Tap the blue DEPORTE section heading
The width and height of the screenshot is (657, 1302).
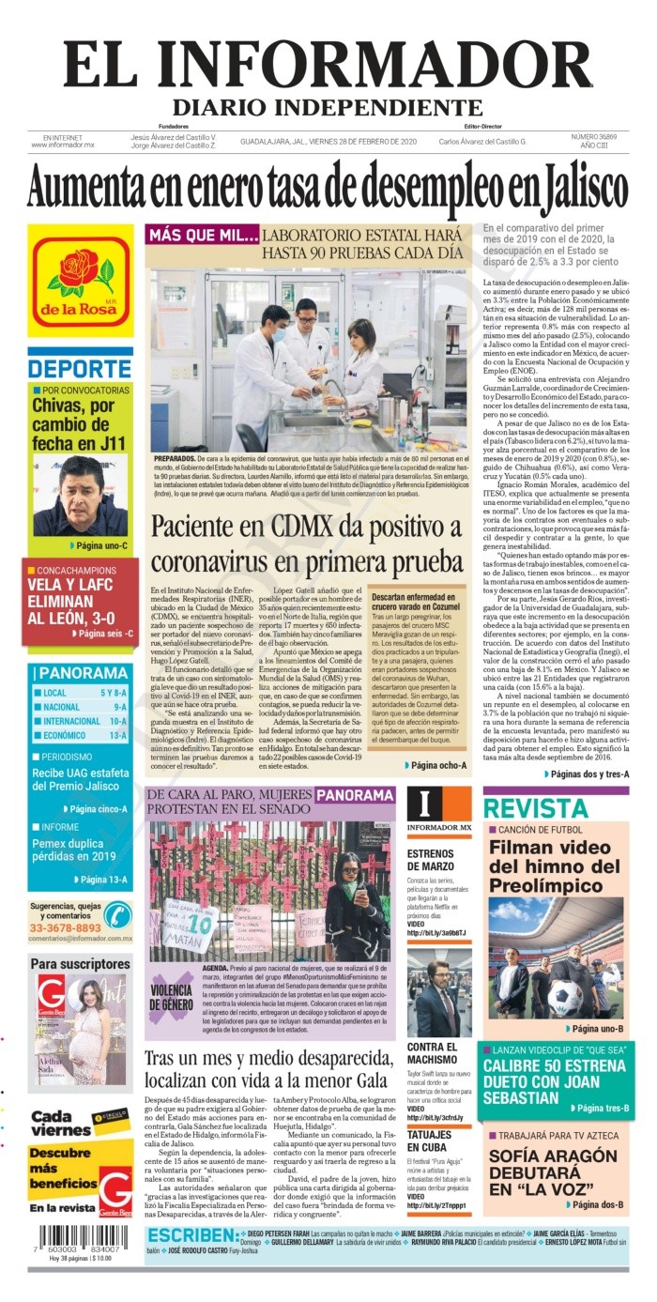tap(80, 368)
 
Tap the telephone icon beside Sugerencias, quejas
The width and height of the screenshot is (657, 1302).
tap(116, 914)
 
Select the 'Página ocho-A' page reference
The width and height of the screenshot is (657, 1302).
tap(436, 765)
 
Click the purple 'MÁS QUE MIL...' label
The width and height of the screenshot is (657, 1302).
tap(203, 236)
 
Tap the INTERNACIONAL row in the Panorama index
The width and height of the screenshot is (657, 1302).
tap(80, 721)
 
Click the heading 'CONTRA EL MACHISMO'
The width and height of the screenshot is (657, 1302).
tap(433, 1053)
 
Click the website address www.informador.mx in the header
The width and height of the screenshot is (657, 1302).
tap(63, 146)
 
